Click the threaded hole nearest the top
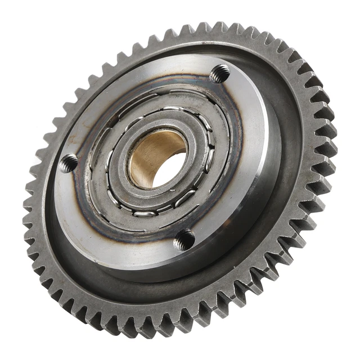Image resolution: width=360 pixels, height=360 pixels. point(220,73)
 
